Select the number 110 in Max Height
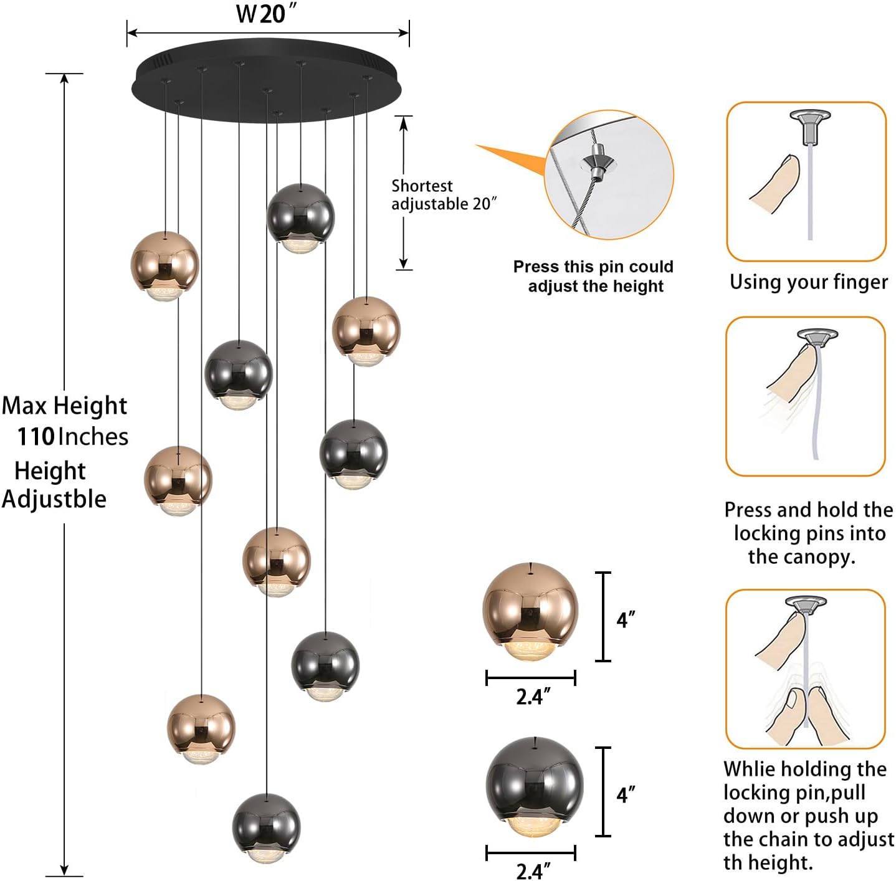36,437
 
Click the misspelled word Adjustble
54,499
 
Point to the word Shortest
422,186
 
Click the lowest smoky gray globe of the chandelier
266,826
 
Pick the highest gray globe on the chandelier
300,216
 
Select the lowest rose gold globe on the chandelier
201,726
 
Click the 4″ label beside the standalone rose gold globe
626,620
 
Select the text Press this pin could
593,267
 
